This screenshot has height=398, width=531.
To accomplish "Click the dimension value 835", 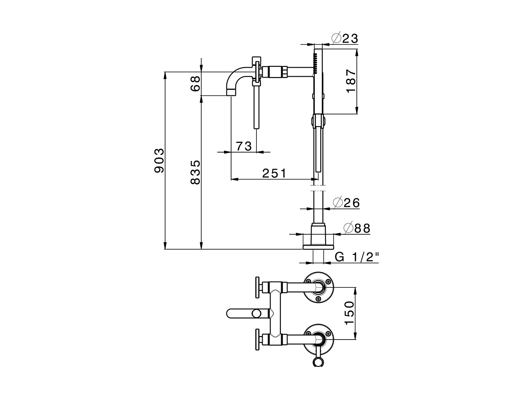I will (195, 172).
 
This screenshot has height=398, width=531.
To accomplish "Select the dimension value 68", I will (195, 83).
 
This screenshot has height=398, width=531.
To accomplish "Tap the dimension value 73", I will (244, 146).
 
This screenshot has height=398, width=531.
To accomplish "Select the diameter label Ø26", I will (346, 203).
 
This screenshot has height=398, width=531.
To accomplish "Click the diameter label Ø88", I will (356, 228).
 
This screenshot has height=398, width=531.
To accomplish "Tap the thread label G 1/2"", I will (357, 257).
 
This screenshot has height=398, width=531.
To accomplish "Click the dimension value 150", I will (349, 313).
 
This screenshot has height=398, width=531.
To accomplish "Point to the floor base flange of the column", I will (318, 247).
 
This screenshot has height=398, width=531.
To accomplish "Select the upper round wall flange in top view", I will (318, 287).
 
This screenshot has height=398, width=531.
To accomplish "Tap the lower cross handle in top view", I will (258, 339).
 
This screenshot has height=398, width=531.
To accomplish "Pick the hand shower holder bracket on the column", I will (317, 121).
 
